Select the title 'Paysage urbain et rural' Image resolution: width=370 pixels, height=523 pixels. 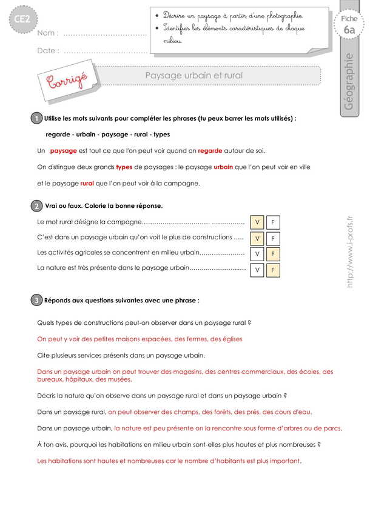[x=193, y=76]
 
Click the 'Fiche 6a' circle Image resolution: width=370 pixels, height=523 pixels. [x=349, y=25]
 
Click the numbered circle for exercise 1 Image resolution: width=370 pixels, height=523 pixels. [x=37, y=119]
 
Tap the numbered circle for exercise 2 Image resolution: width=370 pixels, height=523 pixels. [x=37, y=207]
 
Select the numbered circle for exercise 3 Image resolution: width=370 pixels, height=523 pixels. [x=37, y=300]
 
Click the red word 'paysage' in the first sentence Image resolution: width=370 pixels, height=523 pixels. [x=63, y=150]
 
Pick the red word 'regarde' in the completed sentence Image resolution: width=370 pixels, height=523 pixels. [x=210, y=150]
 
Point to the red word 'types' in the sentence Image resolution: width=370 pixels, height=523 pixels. [x=124, y=167]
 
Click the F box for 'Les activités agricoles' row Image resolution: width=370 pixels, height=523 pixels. [x=273, y=254]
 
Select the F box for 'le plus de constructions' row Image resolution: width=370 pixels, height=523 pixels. [x=273, y=238]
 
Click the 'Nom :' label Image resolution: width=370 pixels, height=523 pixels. [x=47, y=33]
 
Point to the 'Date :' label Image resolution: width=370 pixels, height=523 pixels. [x=48, y=51]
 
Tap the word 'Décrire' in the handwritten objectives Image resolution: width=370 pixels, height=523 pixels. [x=175, y=15]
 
